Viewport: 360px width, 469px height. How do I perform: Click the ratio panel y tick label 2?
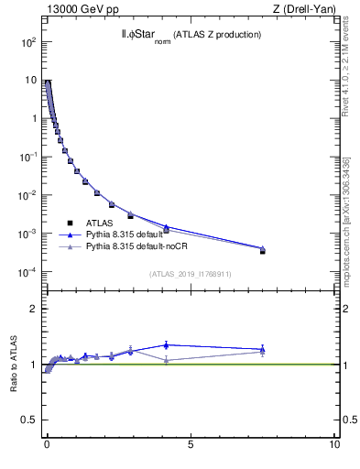pyautogui.click(x=34, y=309)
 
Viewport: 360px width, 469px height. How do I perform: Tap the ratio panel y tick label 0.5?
pyautogui.click(x=30, y=420)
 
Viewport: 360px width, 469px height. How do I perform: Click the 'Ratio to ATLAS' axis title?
pyautogui.click(x=14, y=364)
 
